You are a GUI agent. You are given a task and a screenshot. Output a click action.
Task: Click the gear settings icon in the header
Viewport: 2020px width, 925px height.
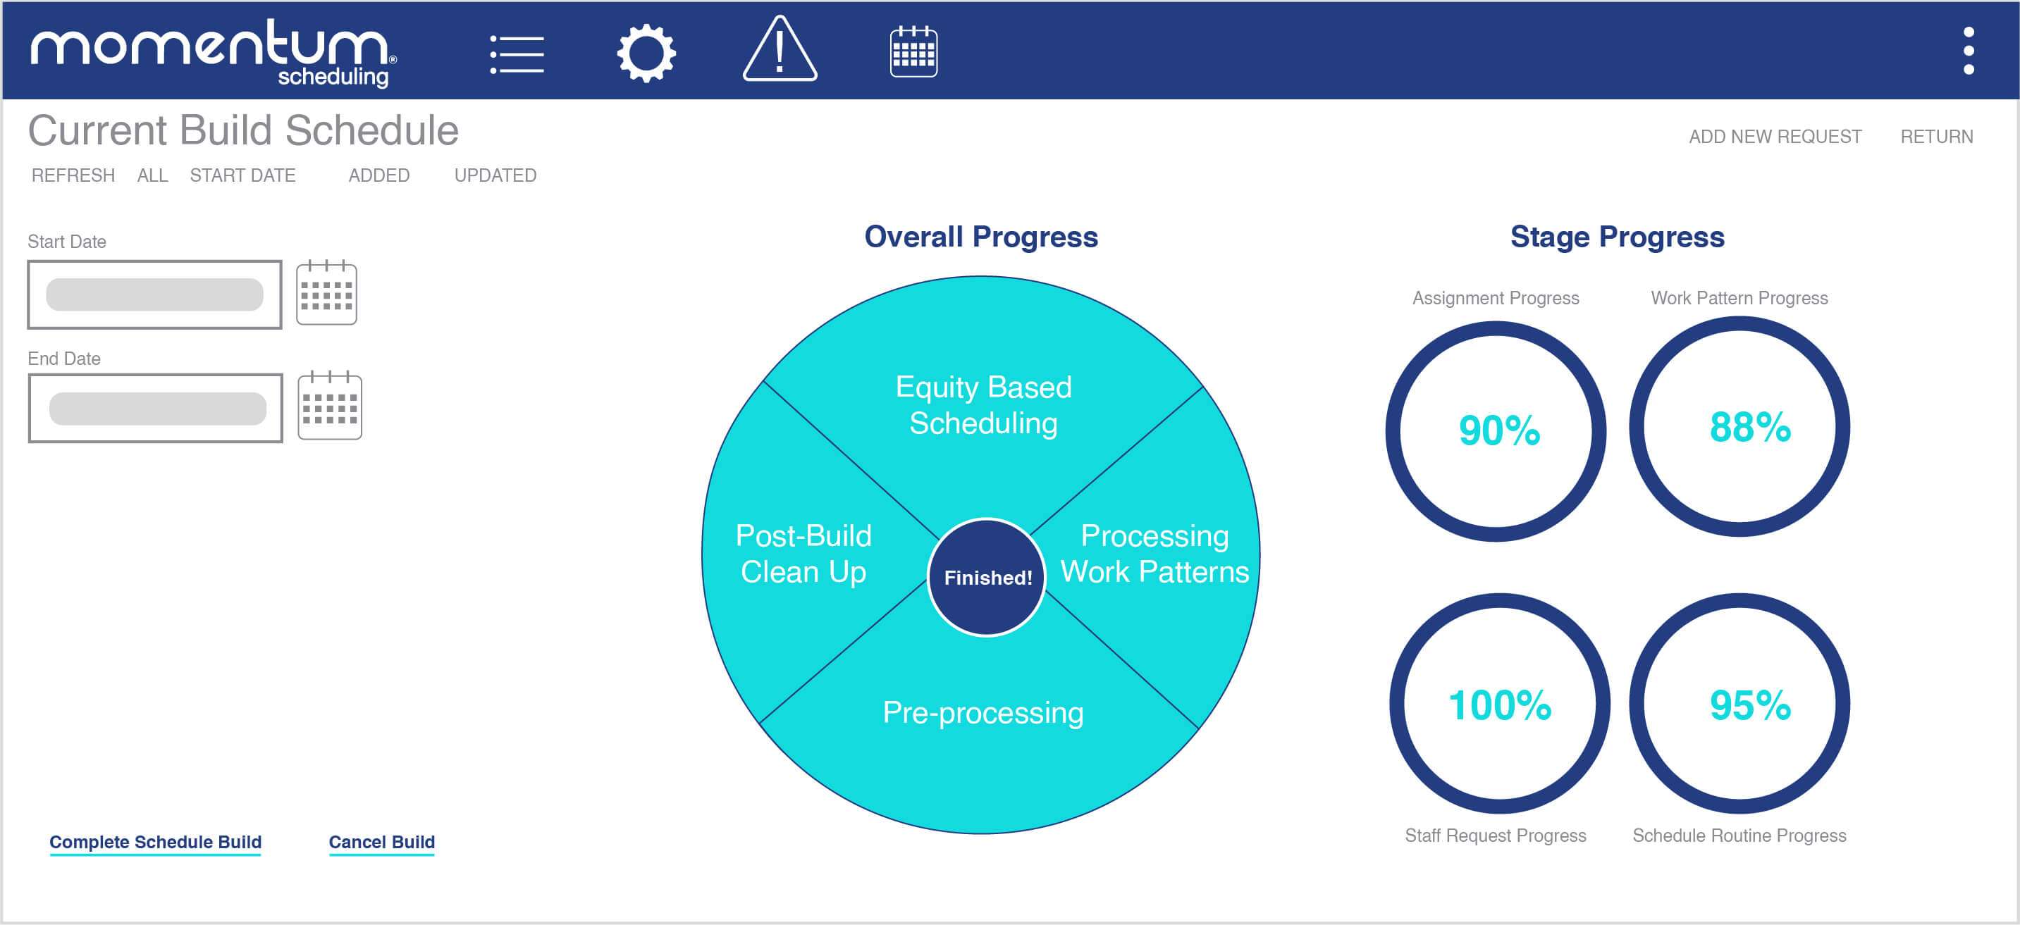pos(646,54)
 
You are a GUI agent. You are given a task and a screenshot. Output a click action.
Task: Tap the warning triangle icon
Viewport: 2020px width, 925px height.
pos(780,51)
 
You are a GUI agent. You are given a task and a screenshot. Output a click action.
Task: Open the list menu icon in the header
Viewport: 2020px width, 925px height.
pos(517,54)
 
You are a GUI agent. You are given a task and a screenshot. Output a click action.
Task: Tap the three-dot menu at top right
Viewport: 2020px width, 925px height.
pos(1969,51)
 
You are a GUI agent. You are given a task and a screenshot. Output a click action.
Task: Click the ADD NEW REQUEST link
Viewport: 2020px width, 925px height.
pos(1775,137)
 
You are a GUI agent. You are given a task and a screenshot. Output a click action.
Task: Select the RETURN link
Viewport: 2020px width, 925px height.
pos(1936,137)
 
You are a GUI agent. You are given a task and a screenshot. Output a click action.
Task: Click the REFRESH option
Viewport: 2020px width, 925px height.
pos(73,175)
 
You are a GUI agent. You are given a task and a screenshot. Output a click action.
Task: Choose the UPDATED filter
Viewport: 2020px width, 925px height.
pos(495,175)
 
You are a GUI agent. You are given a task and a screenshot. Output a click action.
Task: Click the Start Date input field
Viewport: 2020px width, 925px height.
pos(154,294)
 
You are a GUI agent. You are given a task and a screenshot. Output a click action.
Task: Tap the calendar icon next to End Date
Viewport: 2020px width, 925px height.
pos(330,406)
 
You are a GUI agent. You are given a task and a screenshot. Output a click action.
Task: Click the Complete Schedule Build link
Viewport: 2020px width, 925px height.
pos(155,841)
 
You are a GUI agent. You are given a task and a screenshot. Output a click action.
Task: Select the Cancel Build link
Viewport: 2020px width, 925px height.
pos(381,841)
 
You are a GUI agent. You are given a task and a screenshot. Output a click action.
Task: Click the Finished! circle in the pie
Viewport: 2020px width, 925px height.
pos(987,577)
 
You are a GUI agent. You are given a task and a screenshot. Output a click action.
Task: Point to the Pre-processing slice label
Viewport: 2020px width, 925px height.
pos(983,712)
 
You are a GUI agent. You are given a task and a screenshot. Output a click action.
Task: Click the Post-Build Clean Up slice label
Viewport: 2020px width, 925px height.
pos(803,554)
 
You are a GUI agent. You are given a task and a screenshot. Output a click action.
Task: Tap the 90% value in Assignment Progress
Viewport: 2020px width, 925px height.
pos(1498,430)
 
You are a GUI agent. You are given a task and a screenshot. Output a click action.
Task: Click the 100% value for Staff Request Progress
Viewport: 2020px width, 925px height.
pos(1499,704)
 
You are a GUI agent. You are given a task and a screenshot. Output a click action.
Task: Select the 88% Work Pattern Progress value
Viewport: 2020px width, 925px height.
pos(1749,427)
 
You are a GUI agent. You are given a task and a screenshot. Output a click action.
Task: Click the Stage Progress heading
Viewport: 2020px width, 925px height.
pos(1617,237)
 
